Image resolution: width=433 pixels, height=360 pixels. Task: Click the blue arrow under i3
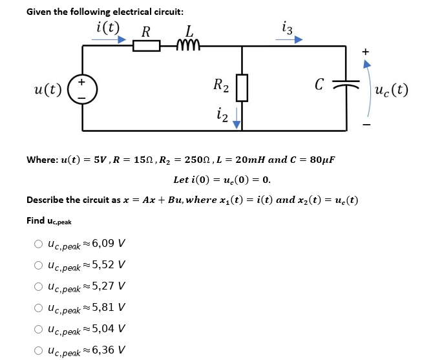click(x=289, y=38)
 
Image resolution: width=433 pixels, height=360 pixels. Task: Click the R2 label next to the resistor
click(x=221, y=84)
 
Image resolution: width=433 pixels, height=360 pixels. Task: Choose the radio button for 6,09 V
click(x=38, y=244)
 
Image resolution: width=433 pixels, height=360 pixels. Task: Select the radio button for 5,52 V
click(x=38, y=265)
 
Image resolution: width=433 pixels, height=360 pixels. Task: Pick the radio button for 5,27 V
click(x=38, y=286)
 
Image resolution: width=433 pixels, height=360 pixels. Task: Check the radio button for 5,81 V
click(x=38, y=308)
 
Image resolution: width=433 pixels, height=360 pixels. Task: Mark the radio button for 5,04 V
click(x=38, y=329)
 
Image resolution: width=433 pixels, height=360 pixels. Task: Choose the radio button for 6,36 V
click(x=38, y=350)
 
